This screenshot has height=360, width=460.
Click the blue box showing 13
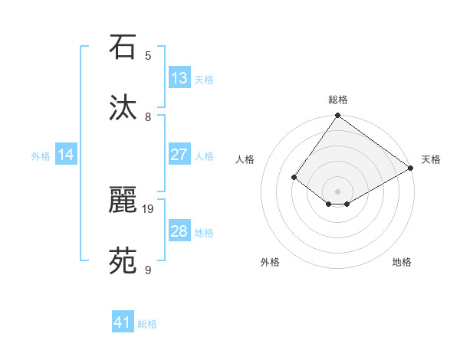point(179,78)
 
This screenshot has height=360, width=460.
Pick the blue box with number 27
point(179,155)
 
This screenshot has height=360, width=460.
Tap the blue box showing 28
point(179,231)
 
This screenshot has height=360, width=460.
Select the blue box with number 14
point(66,155)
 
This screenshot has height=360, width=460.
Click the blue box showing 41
point(123,322)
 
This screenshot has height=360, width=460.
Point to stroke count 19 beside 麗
point(149,208)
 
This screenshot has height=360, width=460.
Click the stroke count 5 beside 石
point(148,55)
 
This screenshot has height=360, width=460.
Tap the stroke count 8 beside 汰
point(148,116)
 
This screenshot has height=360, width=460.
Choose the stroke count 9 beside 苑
point(148,270)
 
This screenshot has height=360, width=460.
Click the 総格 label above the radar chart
point(338,100)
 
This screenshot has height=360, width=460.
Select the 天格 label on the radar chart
point(431,159)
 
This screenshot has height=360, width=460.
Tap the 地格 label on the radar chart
point(402,262)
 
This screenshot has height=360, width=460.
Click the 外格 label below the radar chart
point(270,262)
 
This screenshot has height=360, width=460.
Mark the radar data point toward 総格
point(337,116)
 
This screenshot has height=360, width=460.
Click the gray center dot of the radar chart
point(337,191)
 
